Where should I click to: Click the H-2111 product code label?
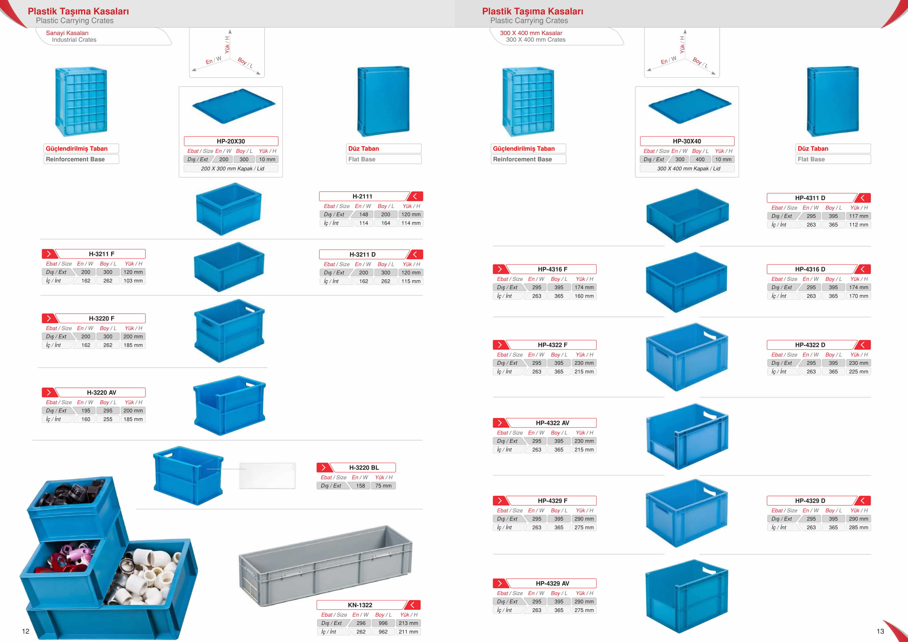click(x=362, y=196)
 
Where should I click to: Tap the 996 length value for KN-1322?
click(x=383, y=623)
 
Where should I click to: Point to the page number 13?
click(x=880, y=631)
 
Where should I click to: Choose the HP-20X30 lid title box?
click(x=231, y=141)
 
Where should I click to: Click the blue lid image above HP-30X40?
click(x=690, y=106)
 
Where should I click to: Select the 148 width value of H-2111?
click(x=363, y=214)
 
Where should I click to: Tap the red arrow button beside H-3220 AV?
click(x=49, y=393)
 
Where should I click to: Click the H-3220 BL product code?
click(x=364, y=467)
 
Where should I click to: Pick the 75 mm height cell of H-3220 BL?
click(x=383, y=486)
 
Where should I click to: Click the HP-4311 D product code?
click(x=810, y=198)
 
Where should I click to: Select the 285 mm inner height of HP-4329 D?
click(x=859, y=527)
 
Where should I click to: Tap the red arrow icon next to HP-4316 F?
click(x=500, y=269)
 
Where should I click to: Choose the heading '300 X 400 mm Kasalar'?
click(x=531, y=33)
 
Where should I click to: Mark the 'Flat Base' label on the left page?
click(x=362, y=159)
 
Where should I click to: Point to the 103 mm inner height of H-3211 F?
click(x=133, y=281)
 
